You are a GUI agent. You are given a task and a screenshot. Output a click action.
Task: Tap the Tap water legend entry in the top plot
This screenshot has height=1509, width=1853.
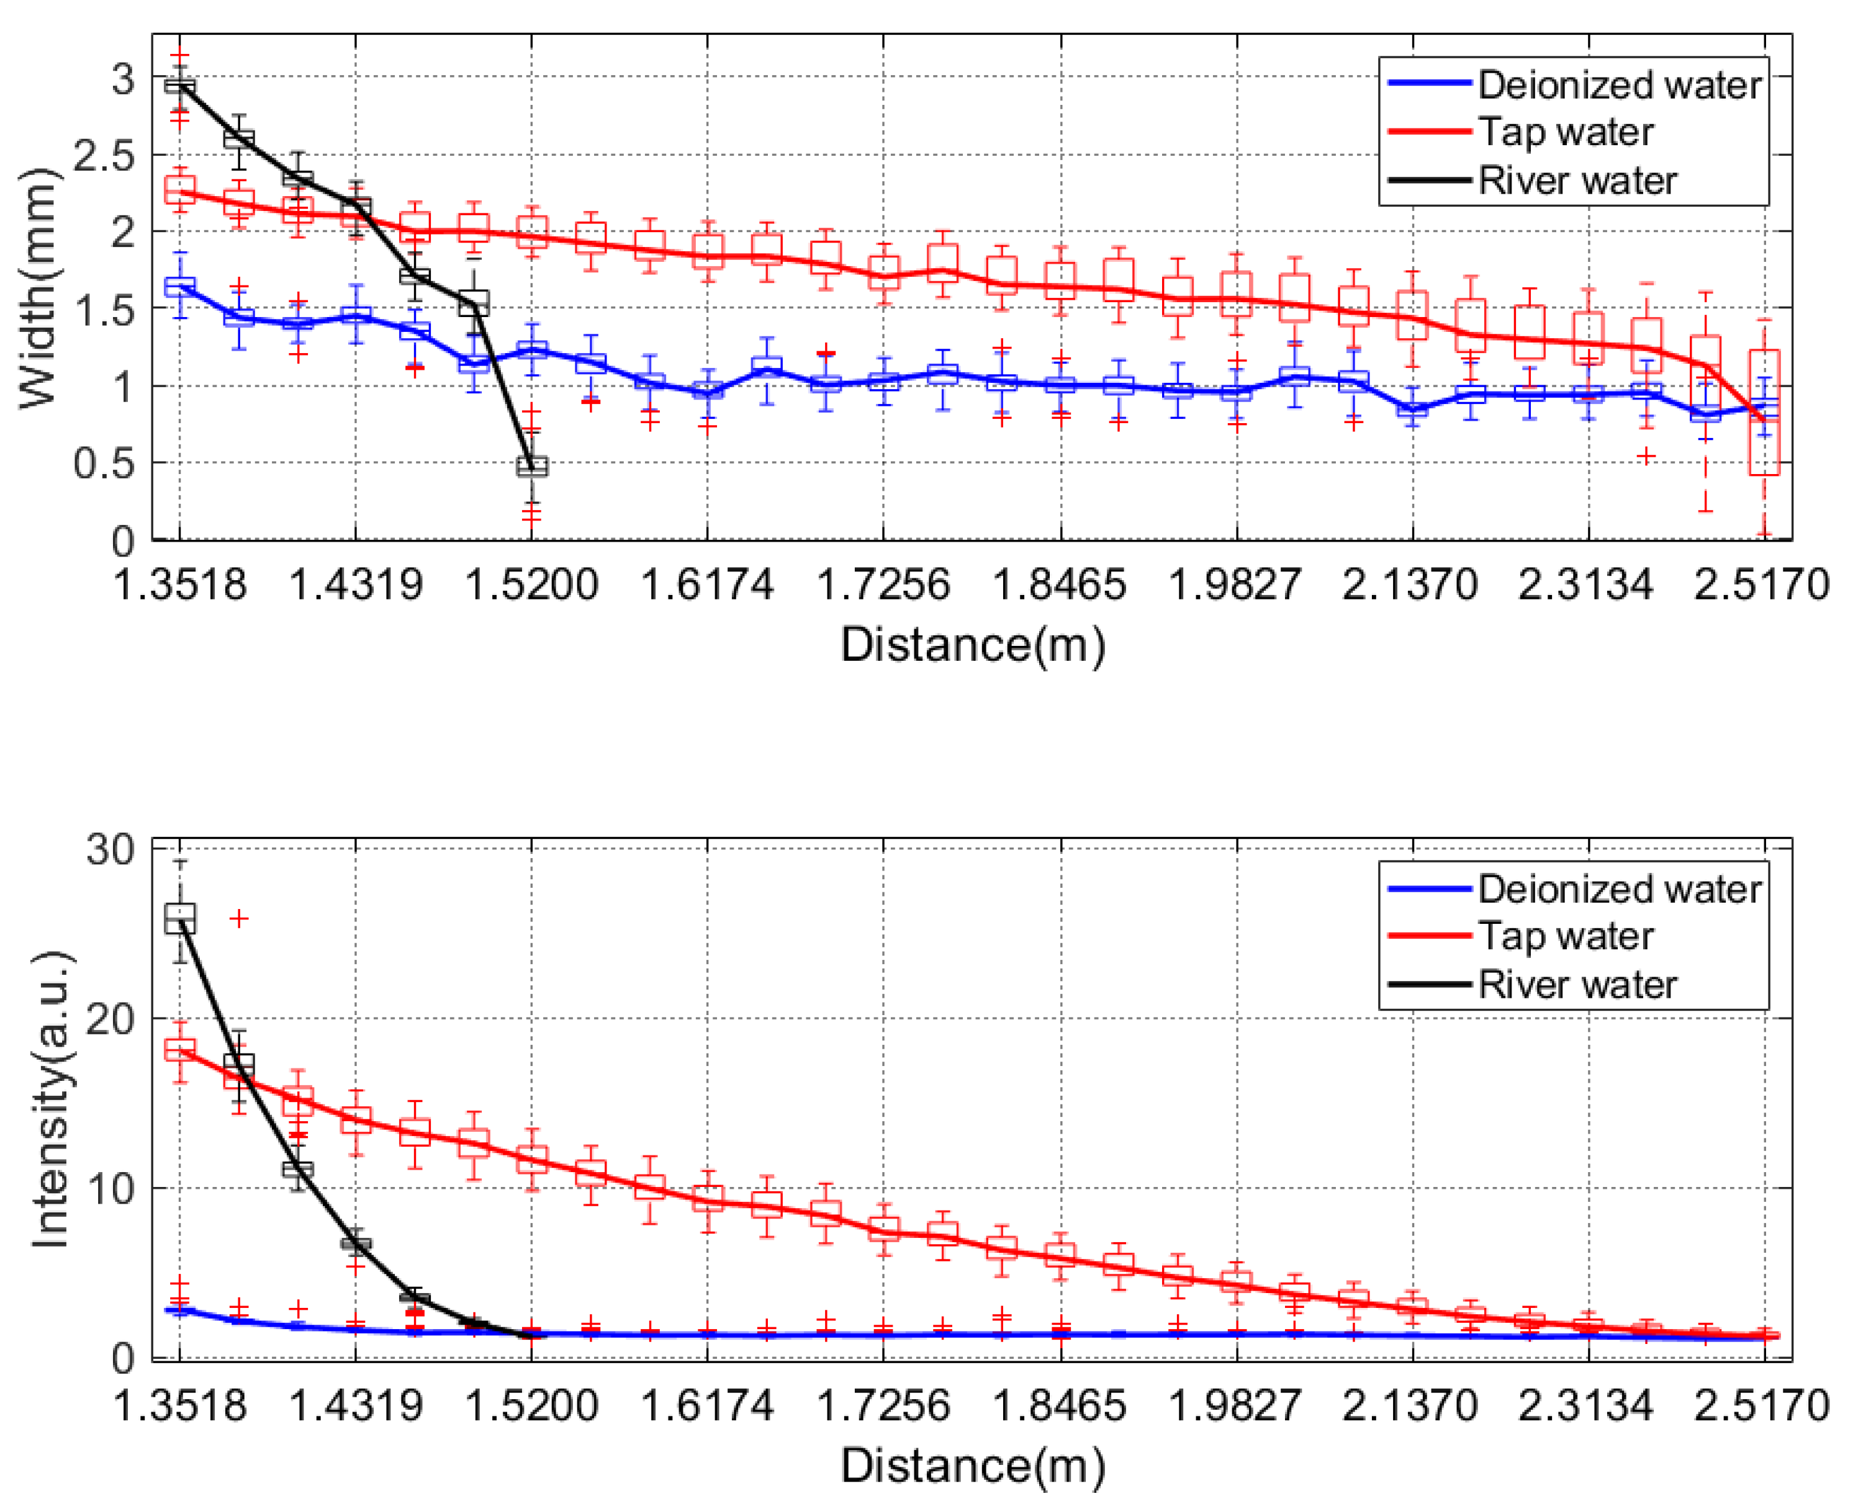pos(1565,132)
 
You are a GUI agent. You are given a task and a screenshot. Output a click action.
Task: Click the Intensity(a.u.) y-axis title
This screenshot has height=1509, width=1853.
pos(50,1099)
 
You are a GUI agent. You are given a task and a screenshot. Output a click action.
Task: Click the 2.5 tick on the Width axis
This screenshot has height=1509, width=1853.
pos(104,156)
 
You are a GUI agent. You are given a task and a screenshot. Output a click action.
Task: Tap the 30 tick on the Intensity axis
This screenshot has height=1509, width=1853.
pos(109,849)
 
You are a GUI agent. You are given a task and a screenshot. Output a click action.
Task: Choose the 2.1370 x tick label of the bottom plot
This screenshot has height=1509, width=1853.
pos(1410,1405)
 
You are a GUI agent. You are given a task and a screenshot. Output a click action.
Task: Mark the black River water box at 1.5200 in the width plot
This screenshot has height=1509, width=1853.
pos(532,467)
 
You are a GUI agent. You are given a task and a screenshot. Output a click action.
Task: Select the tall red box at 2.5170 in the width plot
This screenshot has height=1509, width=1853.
pos(1764,412)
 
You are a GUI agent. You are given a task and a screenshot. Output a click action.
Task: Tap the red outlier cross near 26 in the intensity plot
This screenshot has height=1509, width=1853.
pos(239,918)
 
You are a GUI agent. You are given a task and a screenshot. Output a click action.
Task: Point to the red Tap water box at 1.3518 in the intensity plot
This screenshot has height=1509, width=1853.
pos(180,1049)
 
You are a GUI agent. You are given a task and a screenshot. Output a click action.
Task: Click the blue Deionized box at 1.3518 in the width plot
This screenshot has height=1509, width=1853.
pos(180,287)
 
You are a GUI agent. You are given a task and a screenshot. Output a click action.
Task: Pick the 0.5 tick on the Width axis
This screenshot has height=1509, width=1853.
pos(104,463)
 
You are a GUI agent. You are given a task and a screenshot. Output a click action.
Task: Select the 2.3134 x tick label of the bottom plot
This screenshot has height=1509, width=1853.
pos(1585,1405)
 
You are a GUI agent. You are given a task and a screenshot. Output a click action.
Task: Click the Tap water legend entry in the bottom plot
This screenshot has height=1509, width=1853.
pos(1565,936)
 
